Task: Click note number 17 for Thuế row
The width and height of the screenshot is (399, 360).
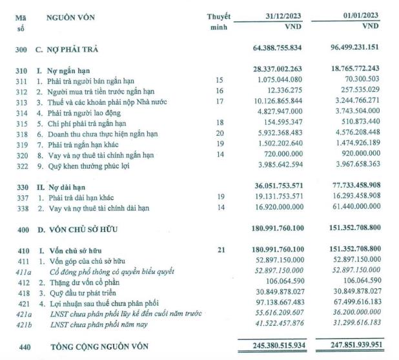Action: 219,101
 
